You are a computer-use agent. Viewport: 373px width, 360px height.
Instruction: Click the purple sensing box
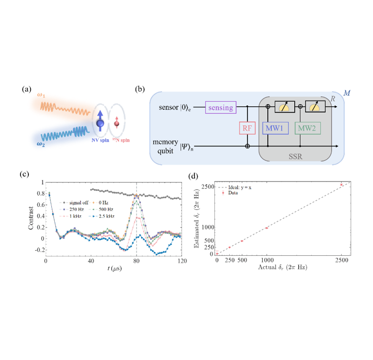click(221, 107)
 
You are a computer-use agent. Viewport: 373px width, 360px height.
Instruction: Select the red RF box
click(247, 128)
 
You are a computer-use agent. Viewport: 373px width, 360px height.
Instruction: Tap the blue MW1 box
click(275, 128)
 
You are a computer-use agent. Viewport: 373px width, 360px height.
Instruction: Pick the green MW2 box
click(308, 128)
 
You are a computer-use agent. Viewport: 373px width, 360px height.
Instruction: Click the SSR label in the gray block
click(295, 157)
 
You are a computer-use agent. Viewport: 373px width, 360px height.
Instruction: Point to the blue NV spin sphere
click(100, 123)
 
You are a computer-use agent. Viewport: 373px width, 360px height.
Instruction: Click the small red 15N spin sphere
click(117, 124)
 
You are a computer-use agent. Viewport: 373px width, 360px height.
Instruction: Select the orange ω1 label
click(41, 95)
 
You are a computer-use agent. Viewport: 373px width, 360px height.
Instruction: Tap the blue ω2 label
click(41, 144)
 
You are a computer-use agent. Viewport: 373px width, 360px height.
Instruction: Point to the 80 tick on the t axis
click(136, 261)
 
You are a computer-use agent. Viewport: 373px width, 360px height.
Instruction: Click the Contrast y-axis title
click(31, 218)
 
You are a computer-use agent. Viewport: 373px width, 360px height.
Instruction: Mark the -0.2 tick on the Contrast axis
click(39, 250)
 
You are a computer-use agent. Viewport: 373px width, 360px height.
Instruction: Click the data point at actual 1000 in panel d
click(267, 228)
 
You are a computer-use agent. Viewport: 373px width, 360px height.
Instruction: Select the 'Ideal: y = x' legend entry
click(239, 187)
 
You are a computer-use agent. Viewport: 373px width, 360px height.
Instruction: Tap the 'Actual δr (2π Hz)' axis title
click(283, 267)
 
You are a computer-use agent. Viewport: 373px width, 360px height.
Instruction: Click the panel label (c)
click(24, 174)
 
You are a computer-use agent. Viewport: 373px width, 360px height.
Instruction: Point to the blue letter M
click(347, 93)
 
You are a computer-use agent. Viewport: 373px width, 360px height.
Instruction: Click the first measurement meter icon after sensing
click(285, 107)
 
